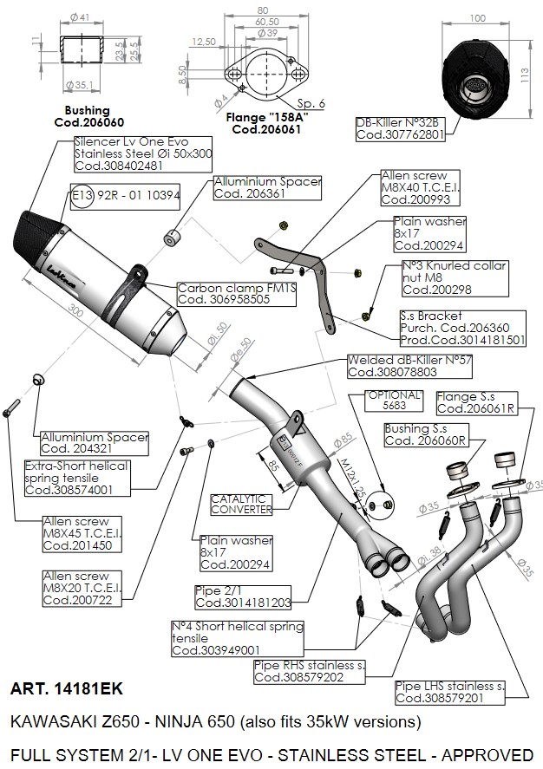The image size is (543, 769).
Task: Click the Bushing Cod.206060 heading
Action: (87, 116)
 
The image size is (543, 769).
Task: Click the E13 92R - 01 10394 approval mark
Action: (126, 196)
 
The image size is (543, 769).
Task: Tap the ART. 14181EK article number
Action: (67, 690)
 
